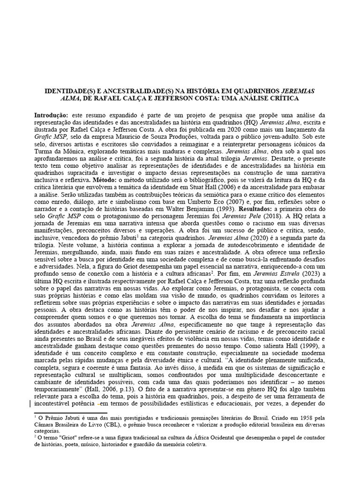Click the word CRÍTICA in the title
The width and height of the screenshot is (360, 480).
coord(283,99)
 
